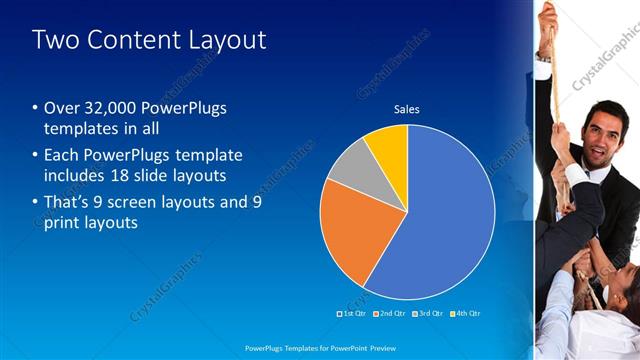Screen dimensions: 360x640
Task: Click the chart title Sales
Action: pyautogui.click(x=406, y=109)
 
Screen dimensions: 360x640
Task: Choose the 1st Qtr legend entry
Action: pyautogui.click(x=353, y=313)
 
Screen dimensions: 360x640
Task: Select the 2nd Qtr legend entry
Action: pyautogui.click(x=390, y=313)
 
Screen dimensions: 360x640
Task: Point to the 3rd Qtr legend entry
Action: pyautogui.click(x=427, y=313)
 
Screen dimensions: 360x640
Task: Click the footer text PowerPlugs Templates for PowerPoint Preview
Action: pyautogui.click(x=320, y=349)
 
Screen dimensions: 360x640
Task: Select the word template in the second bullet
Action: pyautogui.click(x=206, y=156)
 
